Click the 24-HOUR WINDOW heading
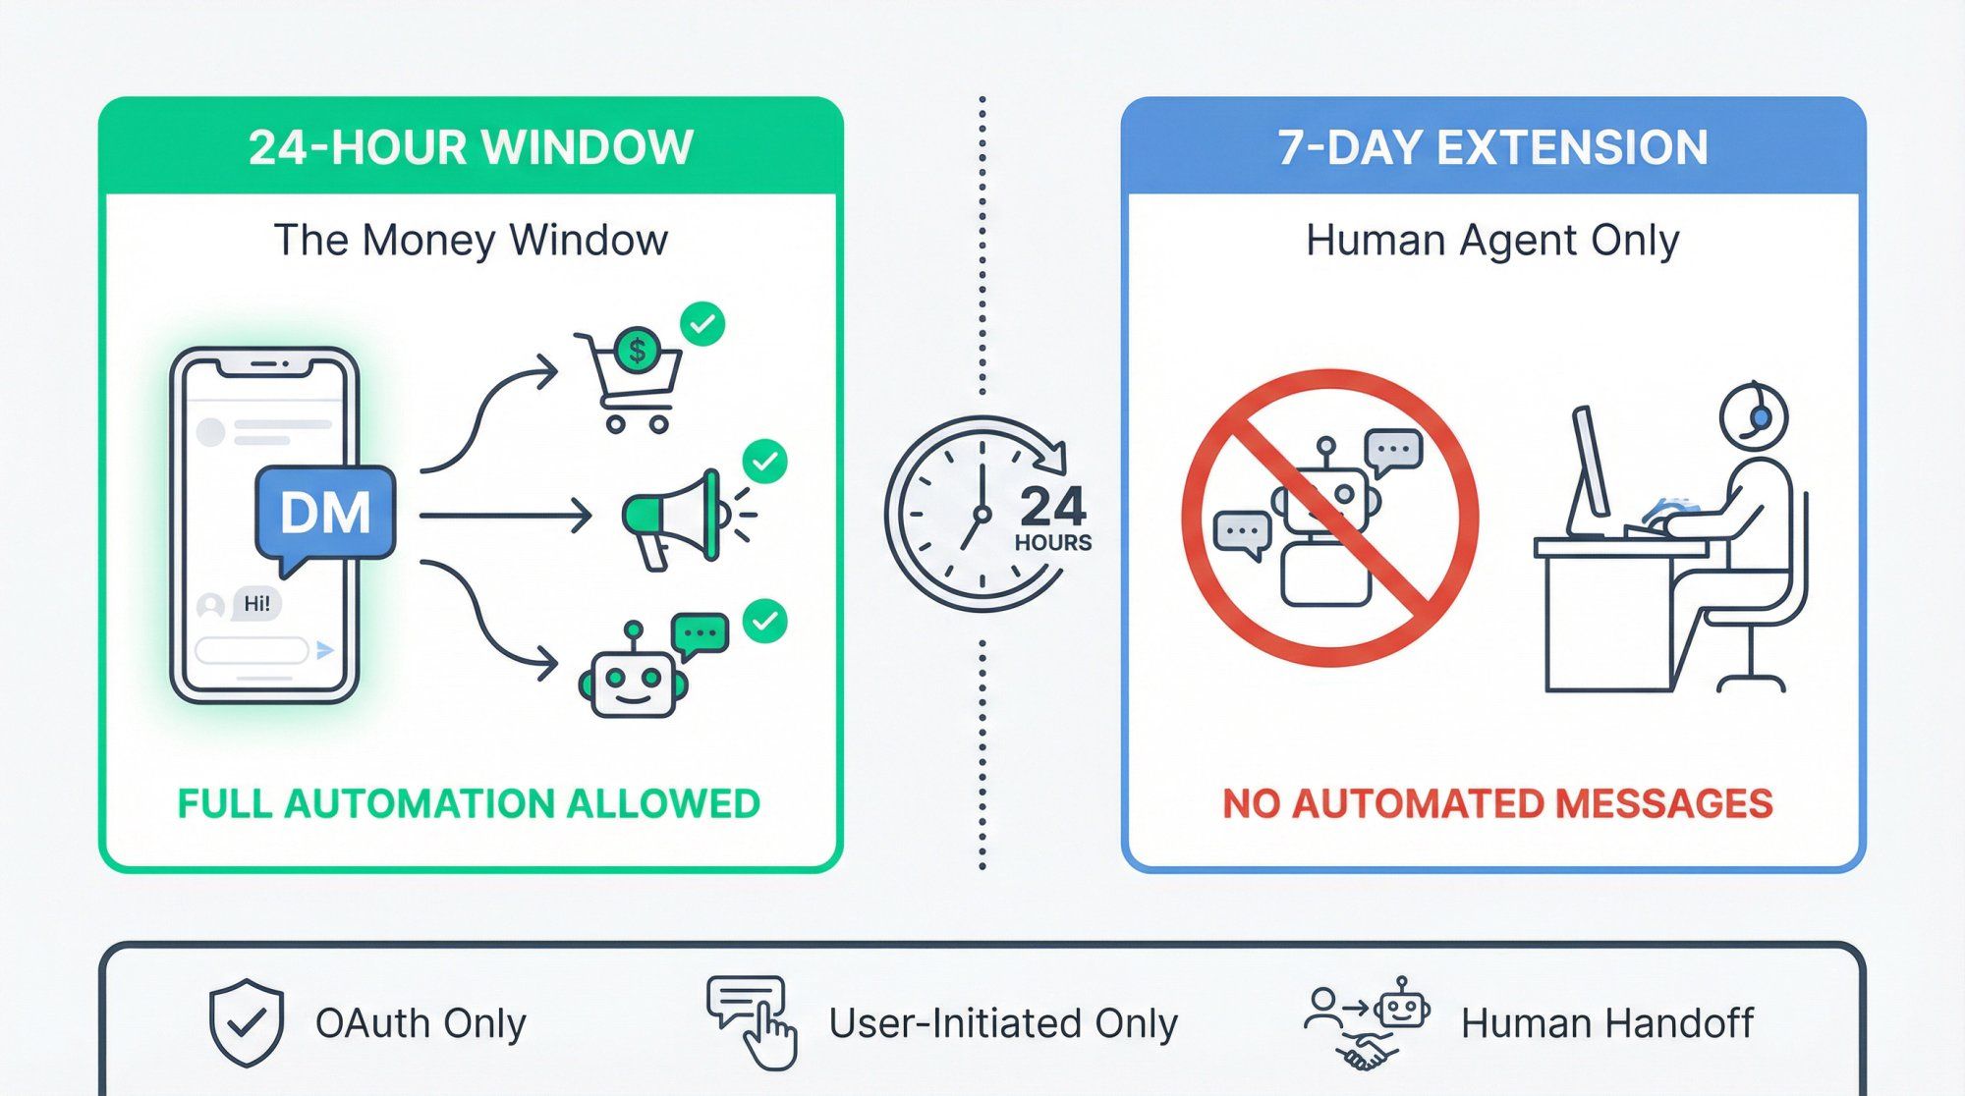(471, 147)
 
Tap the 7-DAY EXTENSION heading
(1492, 147)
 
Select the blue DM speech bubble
(324, 514)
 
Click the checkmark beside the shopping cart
(702, 323)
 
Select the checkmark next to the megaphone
(764, 461)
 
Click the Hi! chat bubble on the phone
(256, 603)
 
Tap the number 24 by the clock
(1052, 508)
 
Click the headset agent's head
(1752, 416)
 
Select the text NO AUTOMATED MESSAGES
(1497, 803)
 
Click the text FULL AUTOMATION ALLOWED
(469, 803)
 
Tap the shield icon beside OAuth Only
(247, 1022)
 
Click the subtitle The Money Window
(471, 241)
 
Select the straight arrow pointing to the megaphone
(505, 516)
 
